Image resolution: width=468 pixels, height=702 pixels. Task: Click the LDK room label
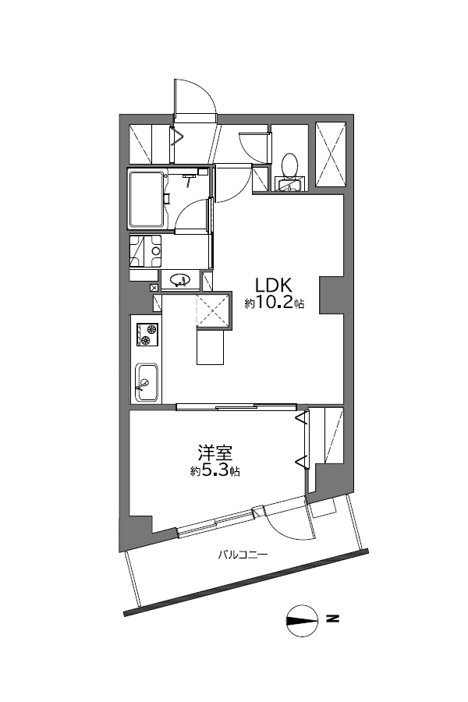pos(273,285)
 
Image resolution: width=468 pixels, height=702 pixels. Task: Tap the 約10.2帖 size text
pos(274,303)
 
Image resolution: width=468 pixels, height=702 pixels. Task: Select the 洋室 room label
pos(215,453)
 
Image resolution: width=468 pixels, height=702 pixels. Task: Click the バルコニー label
pos(243,555)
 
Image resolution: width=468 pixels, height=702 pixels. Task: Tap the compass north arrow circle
pos(300,621)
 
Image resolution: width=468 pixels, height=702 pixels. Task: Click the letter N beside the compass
pos(332,619)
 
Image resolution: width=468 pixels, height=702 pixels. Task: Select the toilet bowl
pos(289,165)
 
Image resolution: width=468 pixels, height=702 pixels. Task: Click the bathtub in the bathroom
pos(147,200)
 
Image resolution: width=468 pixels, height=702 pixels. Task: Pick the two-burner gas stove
pos(147,335)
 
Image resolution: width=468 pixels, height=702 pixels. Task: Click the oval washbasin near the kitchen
pos(180,281)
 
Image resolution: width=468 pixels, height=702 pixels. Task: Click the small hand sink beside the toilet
pos(289,184)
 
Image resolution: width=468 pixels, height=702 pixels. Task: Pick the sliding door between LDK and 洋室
pos(236,407)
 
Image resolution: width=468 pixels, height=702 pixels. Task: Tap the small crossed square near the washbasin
pos(154,287)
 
